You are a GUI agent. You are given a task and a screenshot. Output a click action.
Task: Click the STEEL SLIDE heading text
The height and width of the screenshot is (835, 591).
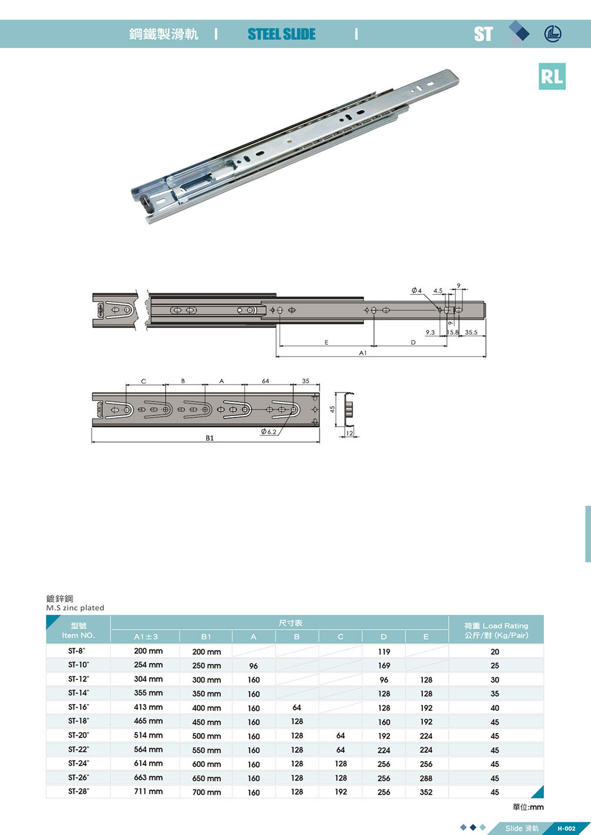[281, 34]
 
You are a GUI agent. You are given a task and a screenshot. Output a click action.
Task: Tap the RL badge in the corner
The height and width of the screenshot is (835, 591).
[552, 76]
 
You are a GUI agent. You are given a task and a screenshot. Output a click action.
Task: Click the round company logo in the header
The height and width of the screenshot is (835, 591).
[553, 34]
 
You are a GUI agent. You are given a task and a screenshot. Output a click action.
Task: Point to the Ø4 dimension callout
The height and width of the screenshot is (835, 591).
[417, 290]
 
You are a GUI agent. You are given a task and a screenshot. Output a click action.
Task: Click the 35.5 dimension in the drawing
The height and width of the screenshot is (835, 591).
[471, 332]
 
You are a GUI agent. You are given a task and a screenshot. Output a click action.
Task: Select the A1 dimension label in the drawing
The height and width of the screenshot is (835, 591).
[362, 353]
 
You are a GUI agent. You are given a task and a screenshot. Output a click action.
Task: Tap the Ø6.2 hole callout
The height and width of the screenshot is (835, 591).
[268, 432]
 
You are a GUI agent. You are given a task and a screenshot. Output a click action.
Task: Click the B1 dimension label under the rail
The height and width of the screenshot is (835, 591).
[210, 438]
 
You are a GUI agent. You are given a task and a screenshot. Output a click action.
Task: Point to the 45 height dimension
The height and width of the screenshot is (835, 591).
[333, 410]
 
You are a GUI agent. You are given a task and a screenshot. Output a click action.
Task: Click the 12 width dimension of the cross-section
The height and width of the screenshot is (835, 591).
[349, 433]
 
